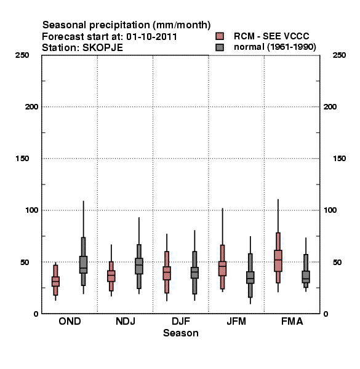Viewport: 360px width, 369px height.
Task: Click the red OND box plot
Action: [x=55, y=281]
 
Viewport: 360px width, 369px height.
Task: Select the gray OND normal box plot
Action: [x=83, y=264]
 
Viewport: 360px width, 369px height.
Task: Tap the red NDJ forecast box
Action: [x=111, y=276]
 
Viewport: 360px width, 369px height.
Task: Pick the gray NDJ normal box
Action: [x=139, y=266]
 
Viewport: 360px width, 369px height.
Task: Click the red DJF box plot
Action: [x=167, y=273]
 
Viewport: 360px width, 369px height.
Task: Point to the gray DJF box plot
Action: [x=194, y=272]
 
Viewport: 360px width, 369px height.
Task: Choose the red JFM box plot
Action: [x=223, y=268]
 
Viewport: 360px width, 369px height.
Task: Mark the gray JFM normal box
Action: [x=250, y=277]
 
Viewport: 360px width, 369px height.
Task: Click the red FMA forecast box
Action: [x=278, y=261]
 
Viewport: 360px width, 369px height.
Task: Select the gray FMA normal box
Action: [x=306, y=277]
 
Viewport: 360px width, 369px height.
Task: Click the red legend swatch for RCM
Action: [x=220, y=36]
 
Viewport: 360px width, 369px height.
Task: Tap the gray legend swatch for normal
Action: [x=220, y=47]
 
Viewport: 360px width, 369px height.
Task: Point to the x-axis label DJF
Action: [x=181, y=321]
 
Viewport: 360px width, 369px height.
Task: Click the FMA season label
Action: [x=292, y=321]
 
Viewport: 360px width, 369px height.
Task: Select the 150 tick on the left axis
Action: [x=22, y=159]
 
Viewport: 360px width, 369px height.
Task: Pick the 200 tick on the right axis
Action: [x=330, y=106]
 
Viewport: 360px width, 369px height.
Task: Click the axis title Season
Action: [x=181, y=333]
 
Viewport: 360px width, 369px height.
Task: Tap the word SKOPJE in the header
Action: [x=103, y=48]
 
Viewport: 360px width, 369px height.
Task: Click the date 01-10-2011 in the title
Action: [x=151, y=37]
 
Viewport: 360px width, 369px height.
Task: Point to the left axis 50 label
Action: [x=25, y=262]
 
